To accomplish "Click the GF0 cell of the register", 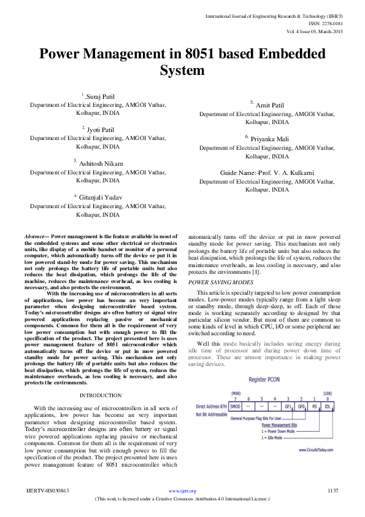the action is (301, 406).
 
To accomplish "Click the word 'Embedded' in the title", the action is (281, 54).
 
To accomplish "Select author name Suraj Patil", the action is (102, 97).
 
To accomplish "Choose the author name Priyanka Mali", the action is (260, 139).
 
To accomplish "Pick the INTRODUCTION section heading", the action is (101, 395).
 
